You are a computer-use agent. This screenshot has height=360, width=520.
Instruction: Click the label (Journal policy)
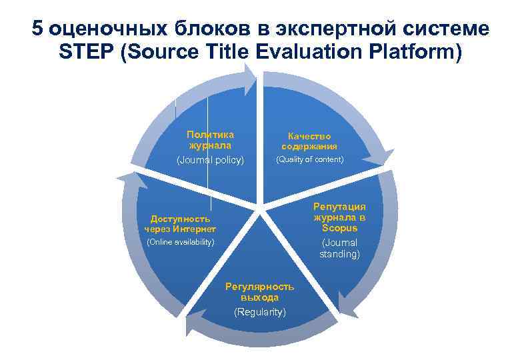tap(210, 161)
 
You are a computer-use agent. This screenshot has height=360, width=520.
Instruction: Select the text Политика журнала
tap(210, 140)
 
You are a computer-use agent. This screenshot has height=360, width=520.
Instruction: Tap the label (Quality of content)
tap(310, 159)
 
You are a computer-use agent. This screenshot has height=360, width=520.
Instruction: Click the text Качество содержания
tap(309, 141)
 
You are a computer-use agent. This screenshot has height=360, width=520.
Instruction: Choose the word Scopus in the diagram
tap(339, 228)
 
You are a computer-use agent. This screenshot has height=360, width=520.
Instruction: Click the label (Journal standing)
tap(339, 249)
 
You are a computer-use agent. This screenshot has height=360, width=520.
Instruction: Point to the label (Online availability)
tap(180, 241)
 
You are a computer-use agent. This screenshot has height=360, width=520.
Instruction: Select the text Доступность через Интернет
tap(180, 224)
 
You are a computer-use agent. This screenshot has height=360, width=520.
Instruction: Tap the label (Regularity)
tap(259, 312)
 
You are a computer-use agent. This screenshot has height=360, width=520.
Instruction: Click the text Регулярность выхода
tap(259, 292)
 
